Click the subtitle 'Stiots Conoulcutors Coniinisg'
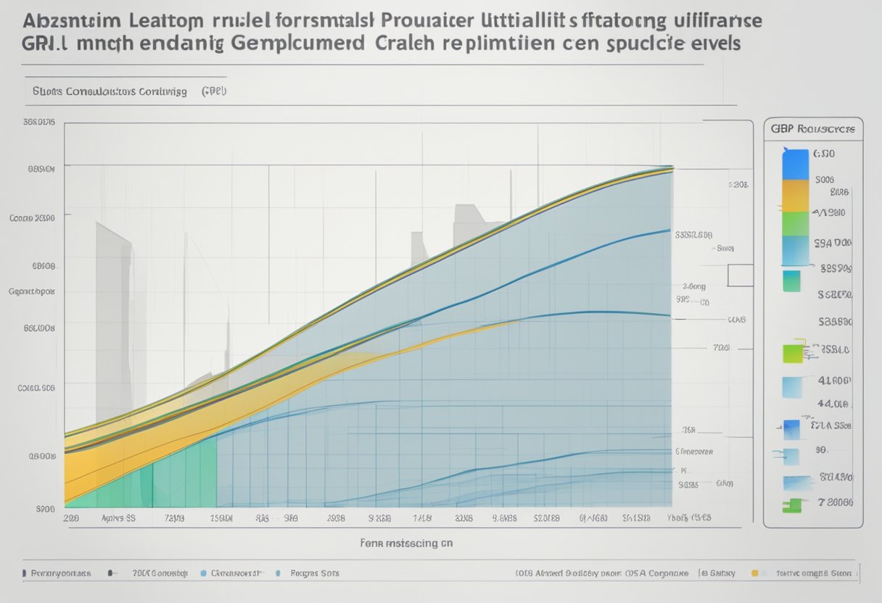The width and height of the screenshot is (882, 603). tap(110, 92)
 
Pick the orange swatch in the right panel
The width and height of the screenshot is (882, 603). tap(795, 195)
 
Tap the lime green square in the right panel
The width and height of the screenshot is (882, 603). tap(793, 353)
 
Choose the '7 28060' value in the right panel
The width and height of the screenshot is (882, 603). tap(836, 502)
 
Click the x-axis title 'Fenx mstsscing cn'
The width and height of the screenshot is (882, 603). tap(407, 541)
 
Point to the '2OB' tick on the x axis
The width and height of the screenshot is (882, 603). tap(71, 519)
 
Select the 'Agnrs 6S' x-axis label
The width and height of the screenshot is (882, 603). tap(119, 519)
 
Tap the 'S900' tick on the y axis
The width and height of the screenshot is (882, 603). tap(46, 509)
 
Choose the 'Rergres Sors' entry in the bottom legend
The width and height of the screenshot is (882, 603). tap(315, 573)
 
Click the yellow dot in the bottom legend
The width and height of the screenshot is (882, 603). tap(754, 573)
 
